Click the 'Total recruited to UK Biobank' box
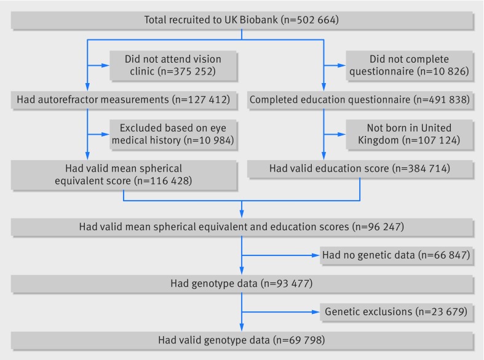tap(242, 20)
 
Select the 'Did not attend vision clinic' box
tap(173, 66)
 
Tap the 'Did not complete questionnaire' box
tap(409, 66)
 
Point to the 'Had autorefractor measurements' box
tap(124, 100)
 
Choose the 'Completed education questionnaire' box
tap(360, 100)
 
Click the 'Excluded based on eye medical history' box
tap(173, 135)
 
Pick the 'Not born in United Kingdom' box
tap(409, 135)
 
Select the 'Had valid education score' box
tap(360, 169)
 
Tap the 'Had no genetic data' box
tap(396, 255)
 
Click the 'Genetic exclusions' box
tap(396, 312)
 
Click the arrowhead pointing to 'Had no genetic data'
tap(315, 255)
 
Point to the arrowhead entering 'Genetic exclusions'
tap(315, 312)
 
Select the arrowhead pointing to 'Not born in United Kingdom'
tap(342, 134)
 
